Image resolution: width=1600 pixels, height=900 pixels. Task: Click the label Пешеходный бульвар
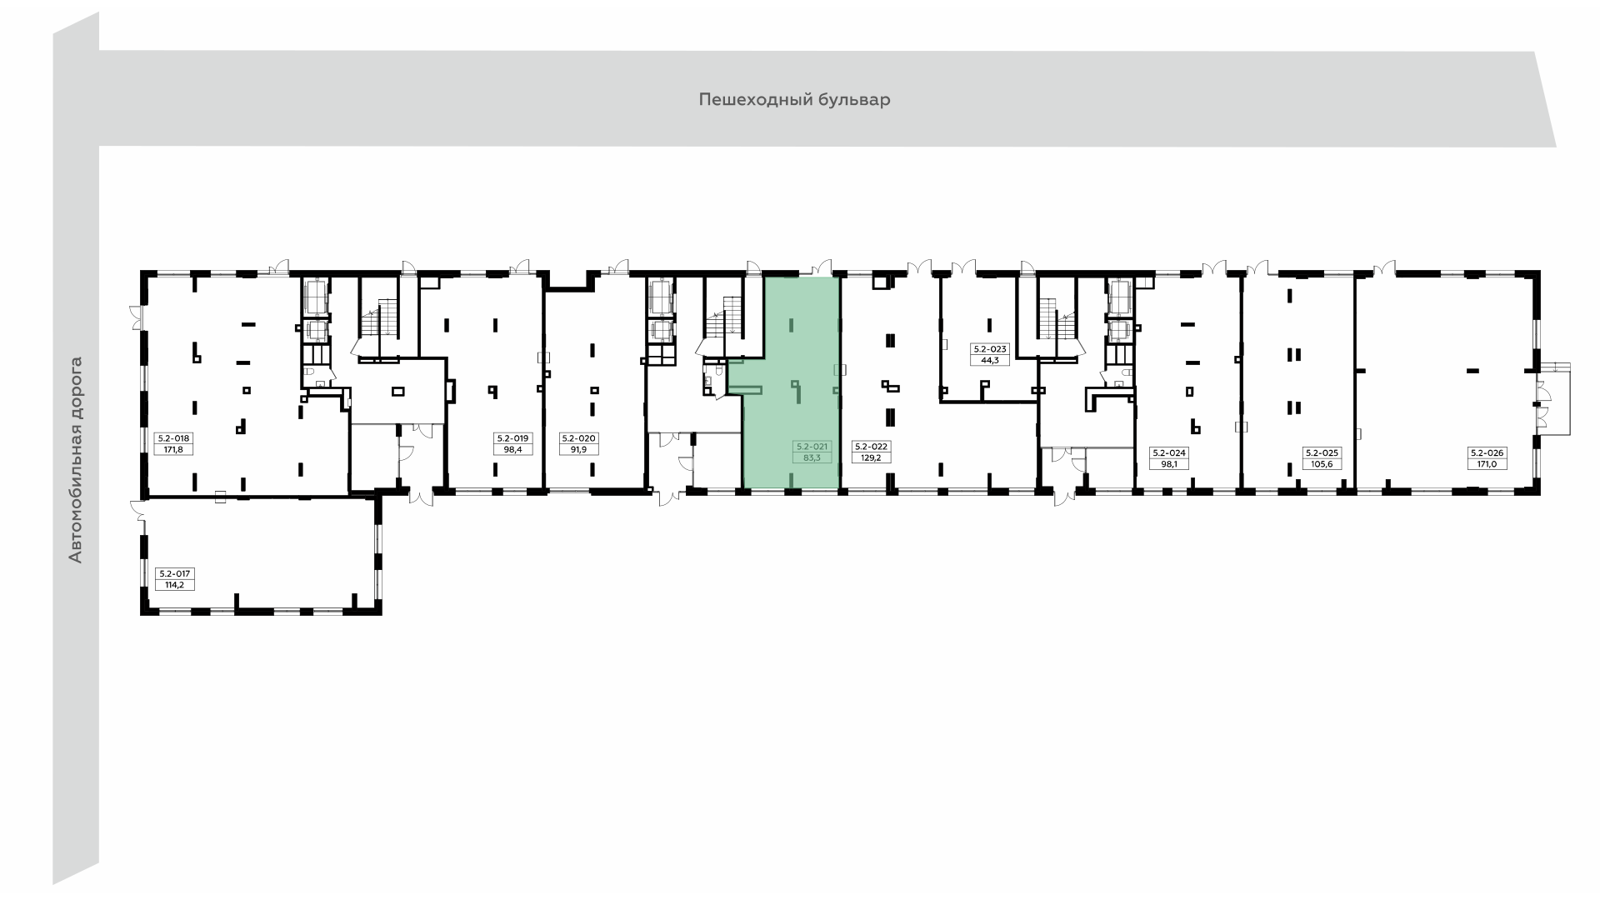pos(794,100)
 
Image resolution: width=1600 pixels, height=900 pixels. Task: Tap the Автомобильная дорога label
pos(76,460)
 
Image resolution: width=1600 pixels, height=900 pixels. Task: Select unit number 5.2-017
pos(175,573)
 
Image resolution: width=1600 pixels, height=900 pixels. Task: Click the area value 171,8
pos(175,449)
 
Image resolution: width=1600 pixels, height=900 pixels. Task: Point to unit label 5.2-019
pos(512,437)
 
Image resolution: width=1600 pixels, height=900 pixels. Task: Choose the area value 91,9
pos(578,449)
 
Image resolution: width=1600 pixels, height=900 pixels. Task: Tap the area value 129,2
pos(872,457)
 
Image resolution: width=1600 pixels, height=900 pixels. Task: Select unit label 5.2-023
pos(990,349)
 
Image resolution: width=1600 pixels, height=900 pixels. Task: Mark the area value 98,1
pos(1168,464)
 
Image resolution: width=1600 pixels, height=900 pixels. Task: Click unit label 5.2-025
pos(1321,452)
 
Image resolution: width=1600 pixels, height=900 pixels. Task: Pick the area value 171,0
pos(1487,464)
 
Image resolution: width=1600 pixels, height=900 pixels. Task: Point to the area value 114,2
pos(175,585)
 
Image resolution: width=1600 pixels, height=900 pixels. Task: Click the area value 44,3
pos(990,361)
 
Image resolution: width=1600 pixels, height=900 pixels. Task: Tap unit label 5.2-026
pos(1487,452)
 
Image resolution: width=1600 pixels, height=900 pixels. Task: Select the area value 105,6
pos(1321,464)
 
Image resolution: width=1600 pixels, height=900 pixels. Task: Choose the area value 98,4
pos(512,449)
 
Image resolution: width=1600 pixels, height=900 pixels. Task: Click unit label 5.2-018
pos(175,437)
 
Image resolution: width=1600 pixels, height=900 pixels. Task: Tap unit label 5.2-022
pos(872,446)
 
